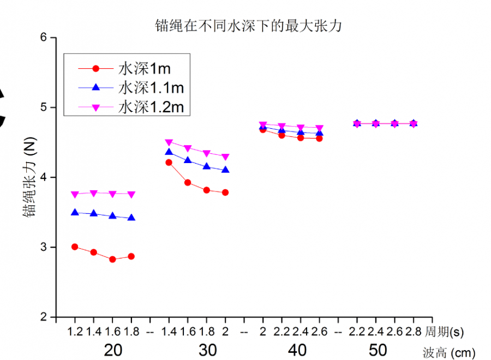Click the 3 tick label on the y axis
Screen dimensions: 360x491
click(x=45, y=247)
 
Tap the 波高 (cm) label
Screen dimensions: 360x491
click(x=449, y=352)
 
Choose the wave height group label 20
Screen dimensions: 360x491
click(x=112, y=350)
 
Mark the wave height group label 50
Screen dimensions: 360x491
click(x=378, y=350)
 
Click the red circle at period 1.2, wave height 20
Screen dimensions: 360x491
click(x=75, y=247)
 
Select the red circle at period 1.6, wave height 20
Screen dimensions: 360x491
click(x=112, y=260)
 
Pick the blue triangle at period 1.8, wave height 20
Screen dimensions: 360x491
click(x=131, y=218)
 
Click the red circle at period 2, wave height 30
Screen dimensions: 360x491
click(x=225, y=193)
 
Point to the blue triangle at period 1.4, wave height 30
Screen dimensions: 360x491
click(x=169, y=152)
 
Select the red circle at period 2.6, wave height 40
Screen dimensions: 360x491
click(x=320, y=139)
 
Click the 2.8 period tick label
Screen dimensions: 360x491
click(x=413, y=331)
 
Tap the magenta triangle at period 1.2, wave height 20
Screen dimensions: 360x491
click(x=75, y=194)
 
